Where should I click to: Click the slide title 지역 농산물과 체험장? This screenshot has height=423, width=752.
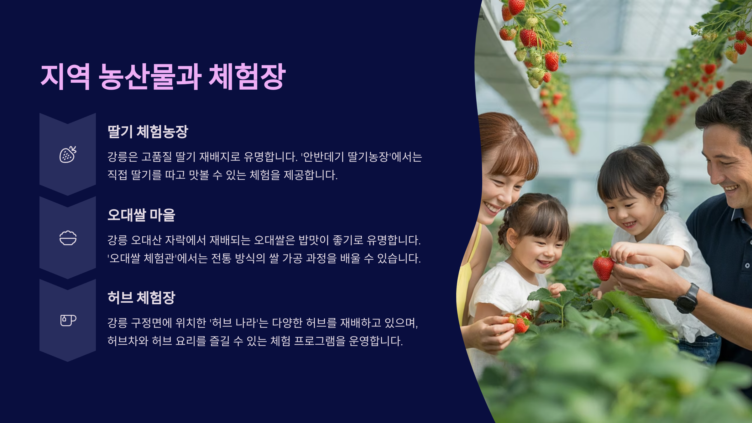[x=163, y=77]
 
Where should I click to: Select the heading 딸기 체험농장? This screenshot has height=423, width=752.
[x=148, y=132]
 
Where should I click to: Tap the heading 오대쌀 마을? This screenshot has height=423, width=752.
[x=141, y=215]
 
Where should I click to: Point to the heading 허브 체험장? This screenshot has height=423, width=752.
[x=141, y=298]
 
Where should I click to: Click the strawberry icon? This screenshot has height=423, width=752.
[x=68, y=154]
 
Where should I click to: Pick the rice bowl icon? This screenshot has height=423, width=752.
[x=68, y=238]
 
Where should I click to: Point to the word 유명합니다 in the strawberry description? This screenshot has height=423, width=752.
[x=270, y=157]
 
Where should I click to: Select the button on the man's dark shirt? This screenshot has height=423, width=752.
[x=747, y=266]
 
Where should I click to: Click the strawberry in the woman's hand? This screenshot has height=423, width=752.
[x=521, y=325]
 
